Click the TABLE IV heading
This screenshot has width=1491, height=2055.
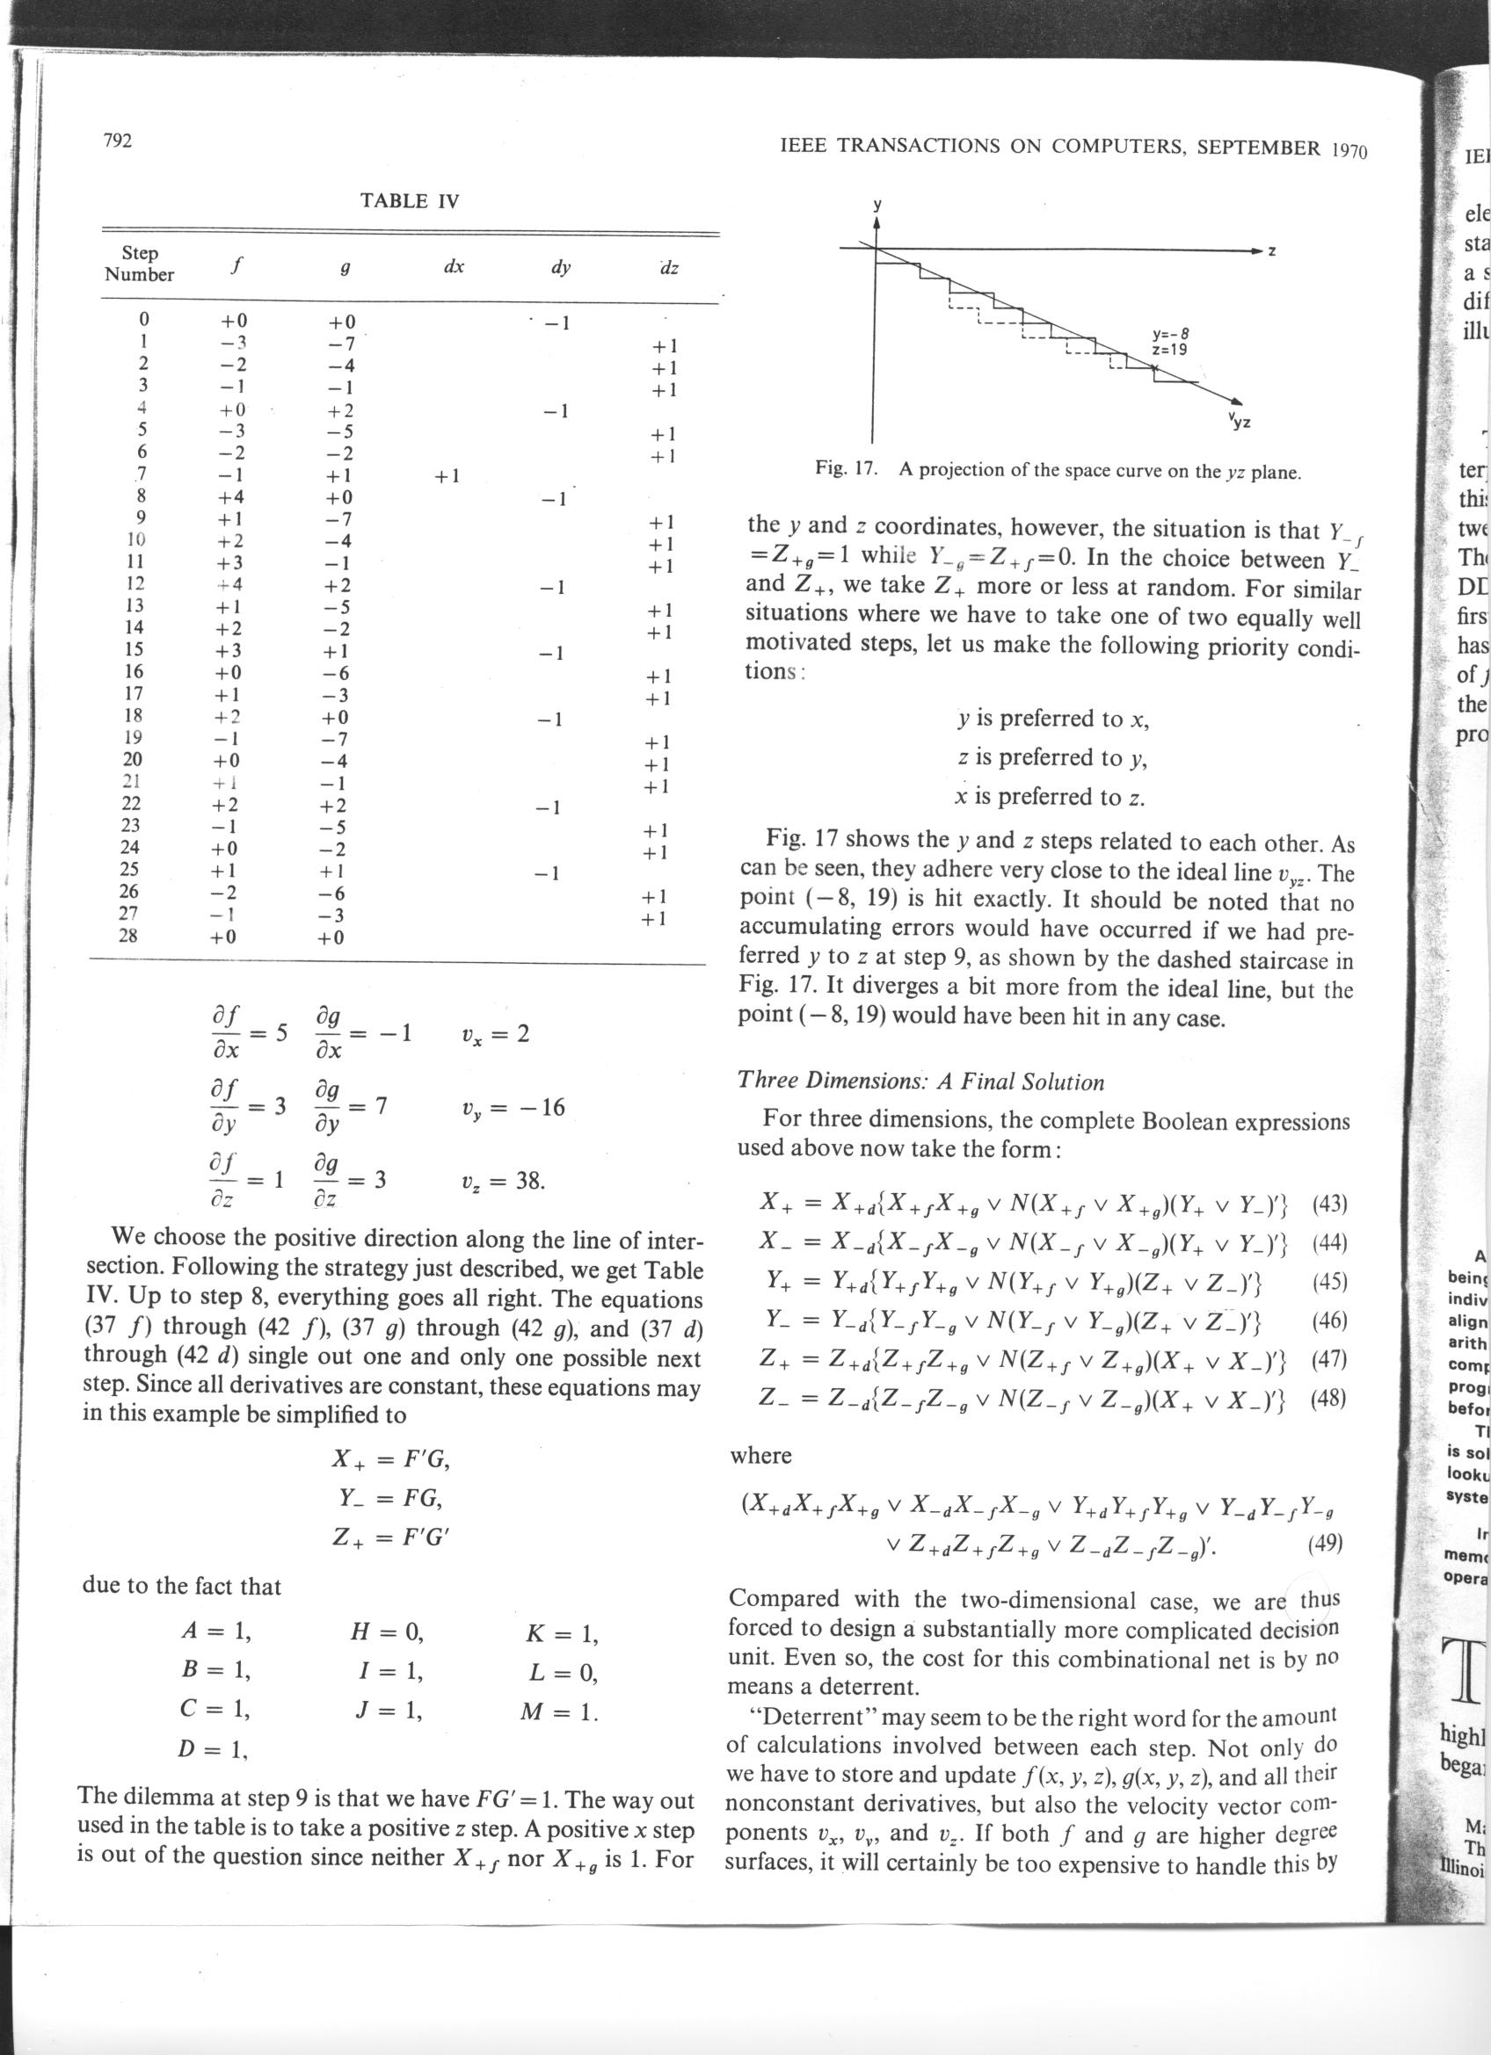pyautogui.click(x=410, y=201)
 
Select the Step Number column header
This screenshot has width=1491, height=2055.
pyautogui.click(x=139, y=264)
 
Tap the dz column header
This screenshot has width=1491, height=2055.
pyautogui.click(x=669, y=267)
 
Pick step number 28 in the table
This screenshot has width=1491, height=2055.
pyautogui.click(x=128, y=935)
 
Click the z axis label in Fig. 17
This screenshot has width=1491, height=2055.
pyautogui.click(x=1273, y=250)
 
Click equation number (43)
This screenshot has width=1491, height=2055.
pyautogui.click(x=1329, y=1205)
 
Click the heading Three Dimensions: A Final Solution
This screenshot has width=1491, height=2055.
pyautogui.click(x=920, y=1081)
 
